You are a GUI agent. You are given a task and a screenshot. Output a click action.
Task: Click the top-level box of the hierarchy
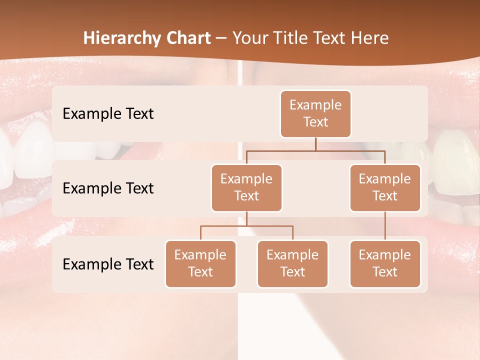(315, 114)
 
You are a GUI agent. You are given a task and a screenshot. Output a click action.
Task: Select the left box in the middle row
(246, 188)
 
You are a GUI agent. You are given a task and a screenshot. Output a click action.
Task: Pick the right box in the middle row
(385, 188)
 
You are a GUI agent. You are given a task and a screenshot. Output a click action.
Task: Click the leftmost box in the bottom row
(200, 264)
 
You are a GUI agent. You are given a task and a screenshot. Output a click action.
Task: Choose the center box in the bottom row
(292, 264)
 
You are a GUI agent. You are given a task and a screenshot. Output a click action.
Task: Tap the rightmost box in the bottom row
(385, 264)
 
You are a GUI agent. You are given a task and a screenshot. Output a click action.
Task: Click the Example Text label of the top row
(108, 114)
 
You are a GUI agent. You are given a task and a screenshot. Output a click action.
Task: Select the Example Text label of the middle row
(108, 188)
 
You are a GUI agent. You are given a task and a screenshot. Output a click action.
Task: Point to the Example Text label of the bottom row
(108, 264)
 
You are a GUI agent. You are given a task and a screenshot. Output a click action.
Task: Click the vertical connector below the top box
(315, 144)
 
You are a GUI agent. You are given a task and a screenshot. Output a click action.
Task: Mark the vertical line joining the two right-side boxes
(385, 226)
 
